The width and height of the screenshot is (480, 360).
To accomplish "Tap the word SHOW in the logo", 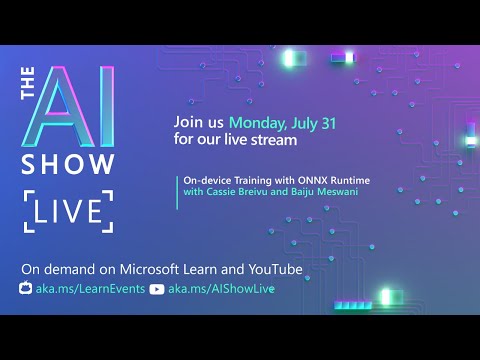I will pos(68,164).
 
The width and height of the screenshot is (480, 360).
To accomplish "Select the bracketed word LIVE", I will pos(68,211).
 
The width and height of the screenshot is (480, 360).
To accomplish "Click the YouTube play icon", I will pos(156,288).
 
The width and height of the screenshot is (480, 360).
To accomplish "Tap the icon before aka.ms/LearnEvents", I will pos(27,288).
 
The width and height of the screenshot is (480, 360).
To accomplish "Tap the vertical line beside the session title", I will pos(177,187).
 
